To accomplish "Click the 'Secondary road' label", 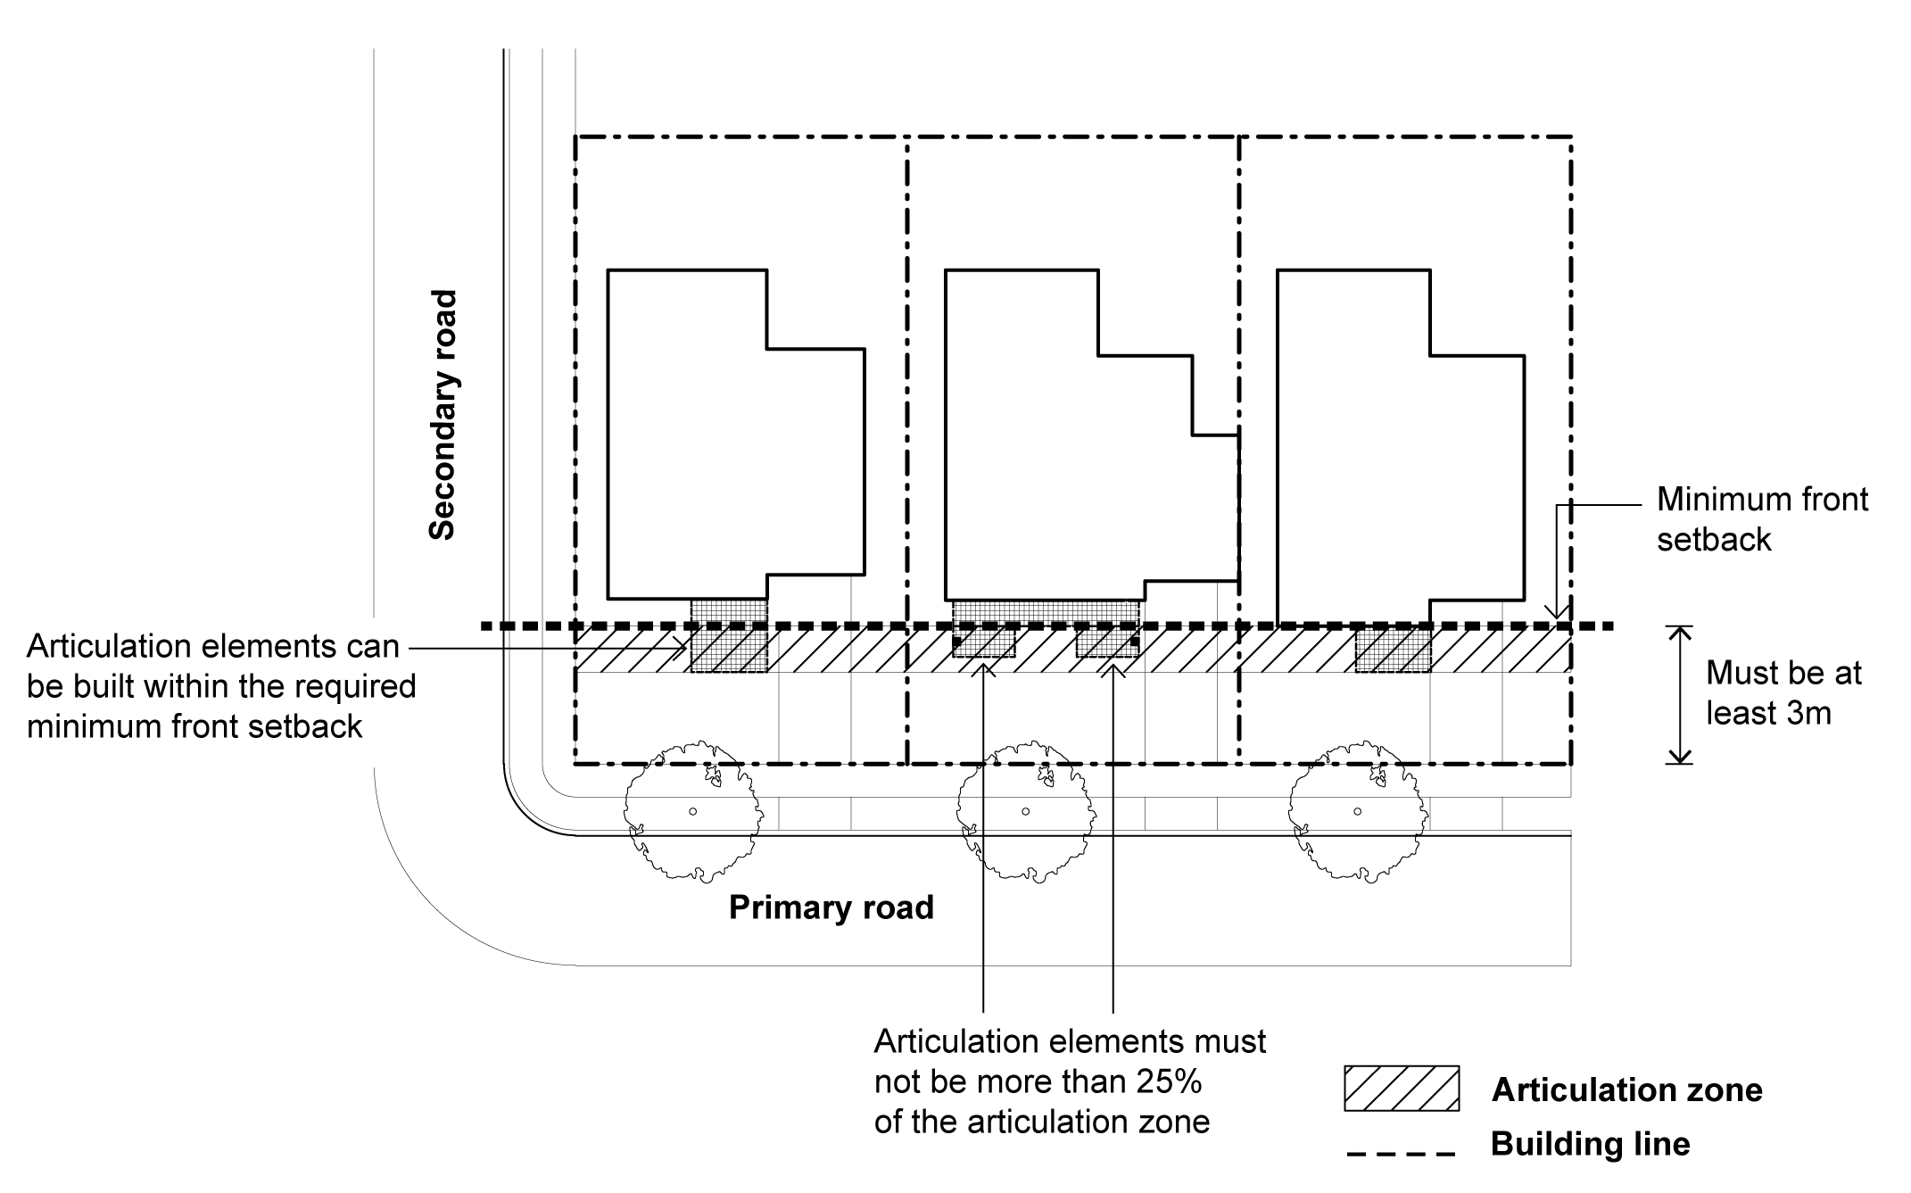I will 443,415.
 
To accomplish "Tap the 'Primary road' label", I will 831,907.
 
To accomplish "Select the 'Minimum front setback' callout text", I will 1761,519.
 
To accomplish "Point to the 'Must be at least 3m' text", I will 1783,693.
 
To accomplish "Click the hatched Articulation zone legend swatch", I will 1402,1089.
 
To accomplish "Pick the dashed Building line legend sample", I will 1401,1154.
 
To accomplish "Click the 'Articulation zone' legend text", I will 1626,1089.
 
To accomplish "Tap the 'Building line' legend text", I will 1590,1144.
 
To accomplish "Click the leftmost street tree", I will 693,810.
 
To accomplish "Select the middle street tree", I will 1025,810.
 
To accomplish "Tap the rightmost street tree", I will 1357,810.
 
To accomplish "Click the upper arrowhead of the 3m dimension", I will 1680,634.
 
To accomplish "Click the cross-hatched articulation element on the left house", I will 729,635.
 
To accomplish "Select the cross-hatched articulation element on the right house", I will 1393,650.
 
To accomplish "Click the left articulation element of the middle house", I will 983,642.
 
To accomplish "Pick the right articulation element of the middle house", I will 1106,642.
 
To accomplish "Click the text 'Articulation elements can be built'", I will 213,646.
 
